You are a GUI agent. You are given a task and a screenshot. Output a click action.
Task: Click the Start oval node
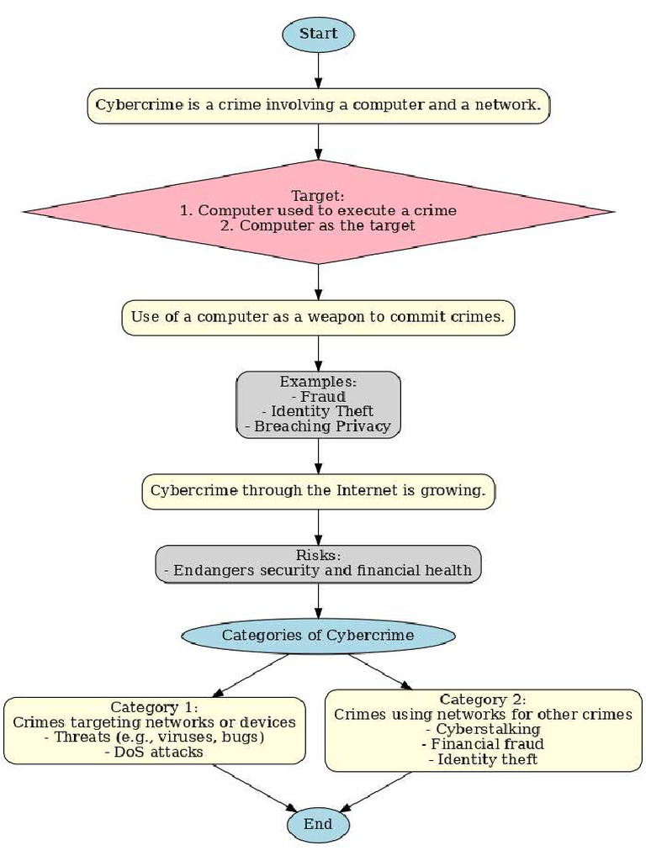pos(318,34)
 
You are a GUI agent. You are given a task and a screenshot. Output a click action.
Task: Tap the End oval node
pos(318,825)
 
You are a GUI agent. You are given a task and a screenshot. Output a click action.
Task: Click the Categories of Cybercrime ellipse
pos(318,636)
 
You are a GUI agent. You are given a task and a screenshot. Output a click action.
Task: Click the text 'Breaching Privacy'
pos(323,426)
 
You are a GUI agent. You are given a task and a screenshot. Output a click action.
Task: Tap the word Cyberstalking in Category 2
pos(488,729)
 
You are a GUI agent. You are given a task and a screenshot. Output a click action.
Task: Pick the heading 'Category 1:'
pos(154,707)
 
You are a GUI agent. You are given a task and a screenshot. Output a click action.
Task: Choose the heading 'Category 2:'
pos(483,700)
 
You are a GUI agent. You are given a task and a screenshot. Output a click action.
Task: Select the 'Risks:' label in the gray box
pos(317,556)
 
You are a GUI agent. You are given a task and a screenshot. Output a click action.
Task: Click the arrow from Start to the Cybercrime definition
pos(318,71)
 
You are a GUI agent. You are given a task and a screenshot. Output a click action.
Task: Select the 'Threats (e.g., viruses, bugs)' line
pos(154,737)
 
